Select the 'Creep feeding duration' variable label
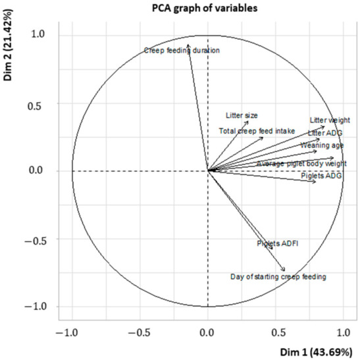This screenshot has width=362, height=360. (x=182, y=50)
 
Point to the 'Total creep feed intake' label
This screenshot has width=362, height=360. (x=257, y=131)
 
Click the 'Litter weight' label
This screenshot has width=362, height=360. (x=329, y=120)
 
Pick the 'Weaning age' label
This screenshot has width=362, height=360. (x=321, y=145)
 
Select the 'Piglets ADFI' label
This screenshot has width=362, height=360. (x=277, y=244)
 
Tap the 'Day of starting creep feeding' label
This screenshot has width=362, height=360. (x=278, y=277)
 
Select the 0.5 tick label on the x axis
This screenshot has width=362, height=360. (x=276, y=329)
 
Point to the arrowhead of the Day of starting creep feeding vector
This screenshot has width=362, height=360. (x=284, y=270)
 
